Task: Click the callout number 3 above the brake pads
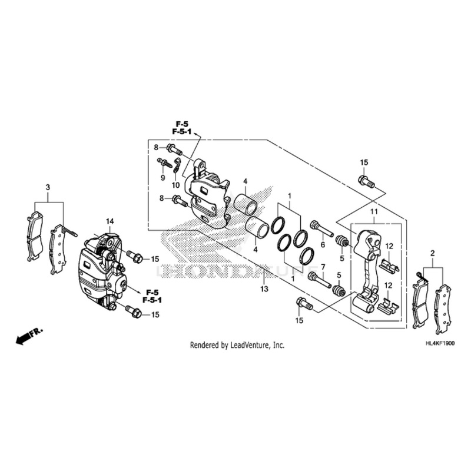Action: tap(48, 187)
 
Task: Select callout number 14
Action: tap(109, 221)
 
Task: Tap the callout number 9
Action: tap(162, 177)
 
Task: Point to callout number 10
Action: tap(175, 185)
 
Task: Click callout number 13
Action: tap(264, 289)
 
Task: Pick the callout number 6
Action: tap(322, 245)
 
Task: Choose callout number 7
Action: tap(322, 267)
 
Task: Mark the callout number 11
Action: tap(373, 211)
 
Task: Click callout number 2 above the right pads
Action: tap(433, 253)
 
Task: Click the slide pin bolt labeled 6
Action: tap(320, 227)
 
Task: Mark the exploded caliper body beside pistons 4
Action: tap(206, 191)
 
